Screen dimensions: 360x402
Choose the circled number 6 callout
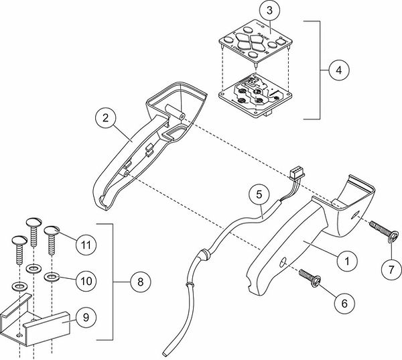pyautogui.click(x=344, y=303)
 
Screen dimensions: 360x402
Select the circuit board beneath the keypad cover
pyautogui.click(x=254, y=97)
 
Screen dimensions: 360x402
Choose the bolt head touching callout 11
pyautogui.click(x=52, y=232)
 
